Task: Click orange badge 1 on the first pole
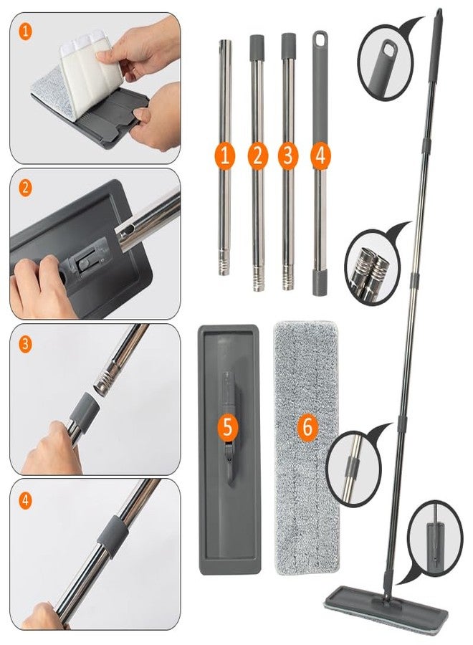pos(224,156)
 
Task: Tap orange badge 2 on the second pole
pos(258,156)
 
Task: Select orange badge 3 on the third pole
pos(288,156)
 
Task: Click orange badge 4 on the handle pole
pos(320,156)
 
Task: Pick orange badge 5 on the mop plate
pos(227,427)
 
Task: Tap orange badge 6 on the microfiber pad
pos(307,426)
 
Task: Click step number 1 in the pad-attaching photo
pos(26,32)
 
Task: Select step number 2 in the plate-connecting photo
pos(26,188)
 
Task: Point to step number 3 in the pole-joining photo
pos(26,344)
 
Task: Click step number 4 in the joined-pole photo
pos(26,501)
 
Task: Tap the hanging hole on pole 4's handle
pos(320,39)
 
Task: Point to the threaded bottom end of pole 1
pos(224,266)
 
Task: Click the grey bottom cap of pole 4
pos(320,282)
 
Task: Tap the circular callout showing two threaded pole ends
pos(371,267)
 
